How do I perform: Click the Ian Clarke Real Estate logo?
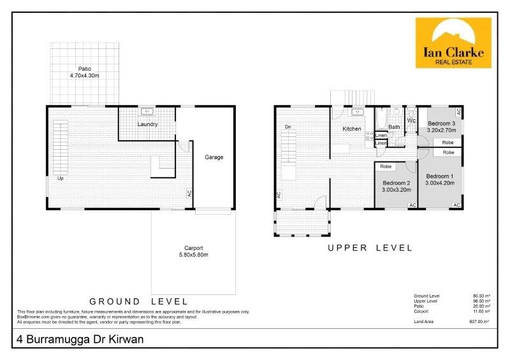pos(453,43)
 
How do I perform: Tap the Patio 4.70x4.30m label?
pos(85,72)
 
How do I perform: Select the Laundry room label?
pos(147,124)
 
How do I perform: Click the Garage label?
pos(214,157)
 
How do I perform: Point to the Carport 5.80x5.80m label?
pos(193,251)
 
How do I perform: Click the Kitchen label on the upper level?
pos(352,129)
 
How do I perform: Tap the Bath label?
pos(395,127)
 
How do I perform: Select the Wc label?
pos(411,120)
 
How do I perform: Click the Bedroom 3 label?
pos(441,126)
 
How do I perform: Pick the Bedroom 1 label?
pos(440,180)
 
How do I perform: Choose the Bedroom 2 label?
pos(397,185)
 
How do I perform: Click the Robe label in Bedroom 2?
pos(386,167)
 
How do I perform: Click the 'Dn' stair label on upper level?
pos(288,127)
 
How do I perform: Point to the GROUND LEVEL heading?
pos(138,301)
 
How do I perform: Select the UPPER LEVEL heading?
pos(370,248)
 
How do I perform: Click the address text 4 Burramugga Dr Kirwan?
pos(79,340)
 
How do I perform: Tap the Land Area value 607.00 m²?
pos(479,322)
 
